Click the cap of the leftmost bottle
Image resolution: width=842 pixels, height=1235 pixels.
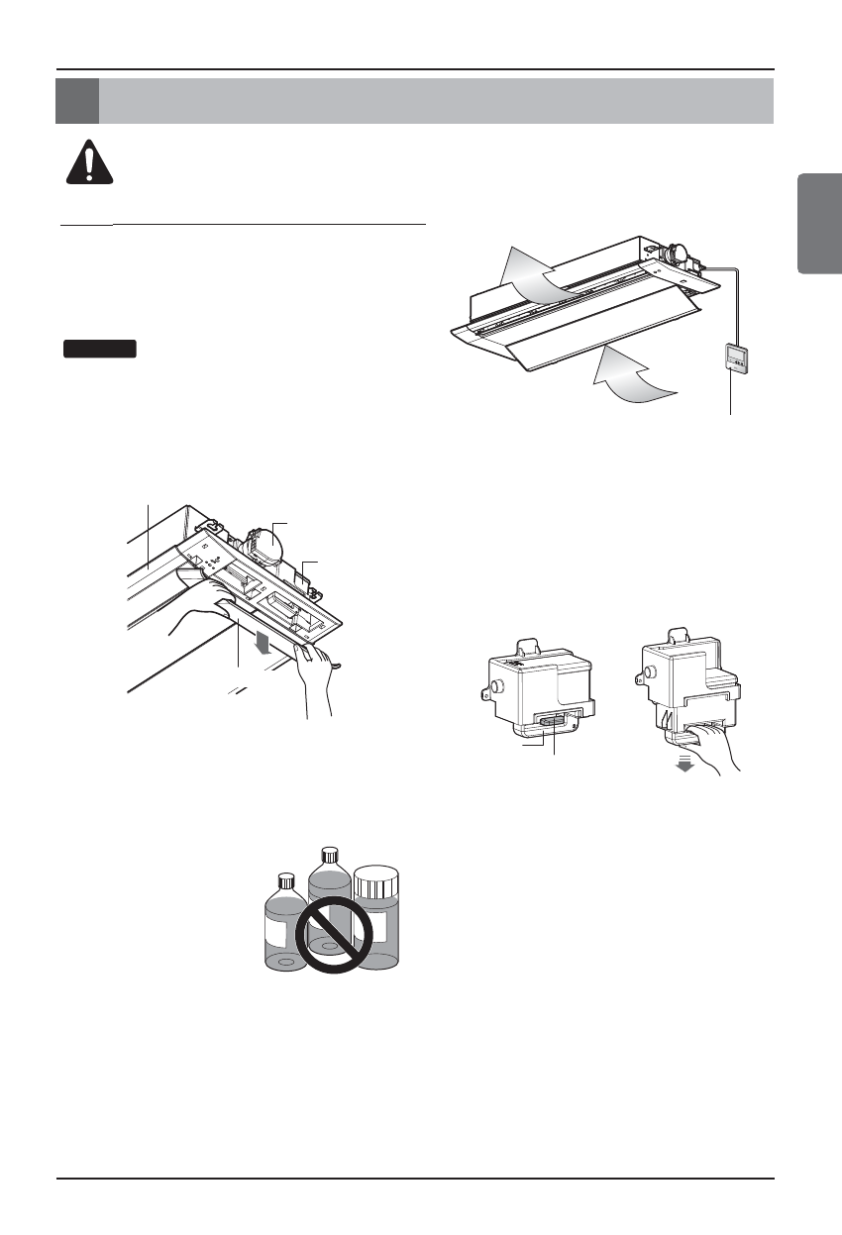287,880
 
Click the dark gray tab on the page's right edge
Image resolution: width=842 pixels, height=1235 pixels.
819,224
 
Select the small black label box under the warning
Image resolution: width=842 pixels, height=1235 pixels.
99,348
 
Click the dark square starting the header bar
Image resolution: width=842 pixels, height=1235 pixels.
77,101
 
